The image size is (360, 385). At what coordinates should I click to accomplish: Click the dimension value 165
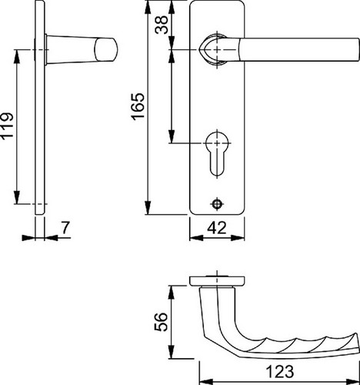(138, 106)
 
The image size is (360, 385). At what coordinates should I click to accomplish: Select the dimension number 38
(162, 25)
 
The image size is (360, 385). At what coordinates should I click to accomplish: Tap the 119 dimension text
(7, 126)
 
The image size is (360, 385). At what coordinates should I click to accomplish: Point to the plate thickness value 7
(65, 228)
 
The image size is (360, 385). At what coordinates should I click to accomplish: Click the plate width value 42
(217, 228)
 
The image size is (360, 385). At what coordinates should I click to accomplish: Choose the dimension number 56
(162, 322)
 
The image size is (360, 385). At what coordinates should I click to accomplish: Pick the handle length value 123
(280, 371)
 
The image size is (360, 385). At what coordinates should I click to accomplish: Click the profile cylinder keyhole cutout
(217, 153)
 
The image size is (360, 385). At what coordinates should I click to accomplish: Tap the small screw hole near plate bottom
(217, 204)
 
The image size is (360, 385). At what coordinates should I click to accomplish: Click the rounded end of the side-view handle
(105, 50)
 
